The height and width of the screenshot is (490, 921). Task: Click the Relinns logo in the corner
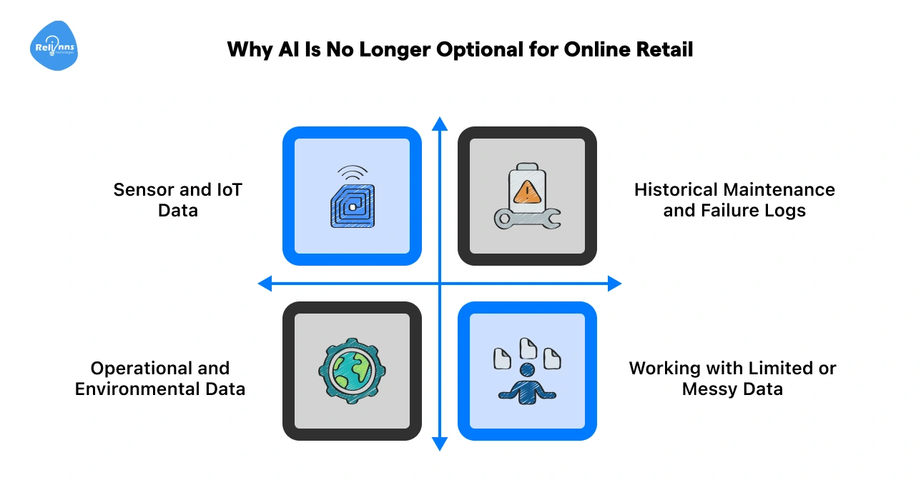pyautogui.click(x=54, y=46)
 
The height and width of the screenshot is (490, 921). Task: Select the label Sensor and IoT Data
pyautogui.click(x=178, y=200)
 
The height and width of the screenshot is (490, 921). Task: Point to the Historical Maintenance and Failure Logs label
pyautogui.click(x=734, y=200)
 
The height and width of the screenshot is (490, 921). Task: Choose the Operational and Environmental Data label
pyautogui.click(x=160, y=379)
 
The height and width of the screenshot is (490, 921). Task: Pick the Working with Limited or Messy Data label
pyautogui.click(x=732, y=379)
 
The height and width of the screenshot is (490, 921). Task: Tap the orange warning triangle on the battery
pyautogui.click(x=527, y=191)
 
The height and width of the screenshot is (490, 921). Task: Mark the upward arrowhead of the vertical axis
pyautogui.click(x=440, y=124)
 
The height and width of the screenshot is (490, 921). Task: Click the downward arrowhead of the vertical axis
pyautogui.click(x=440, y=444)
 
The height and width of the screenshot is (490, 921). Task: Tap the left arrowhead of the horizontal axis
pyautogui.click(x=265, y=284)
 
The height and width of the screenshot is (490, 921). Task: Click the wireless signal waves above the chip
pyautogui.click(x=352, y=173)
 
